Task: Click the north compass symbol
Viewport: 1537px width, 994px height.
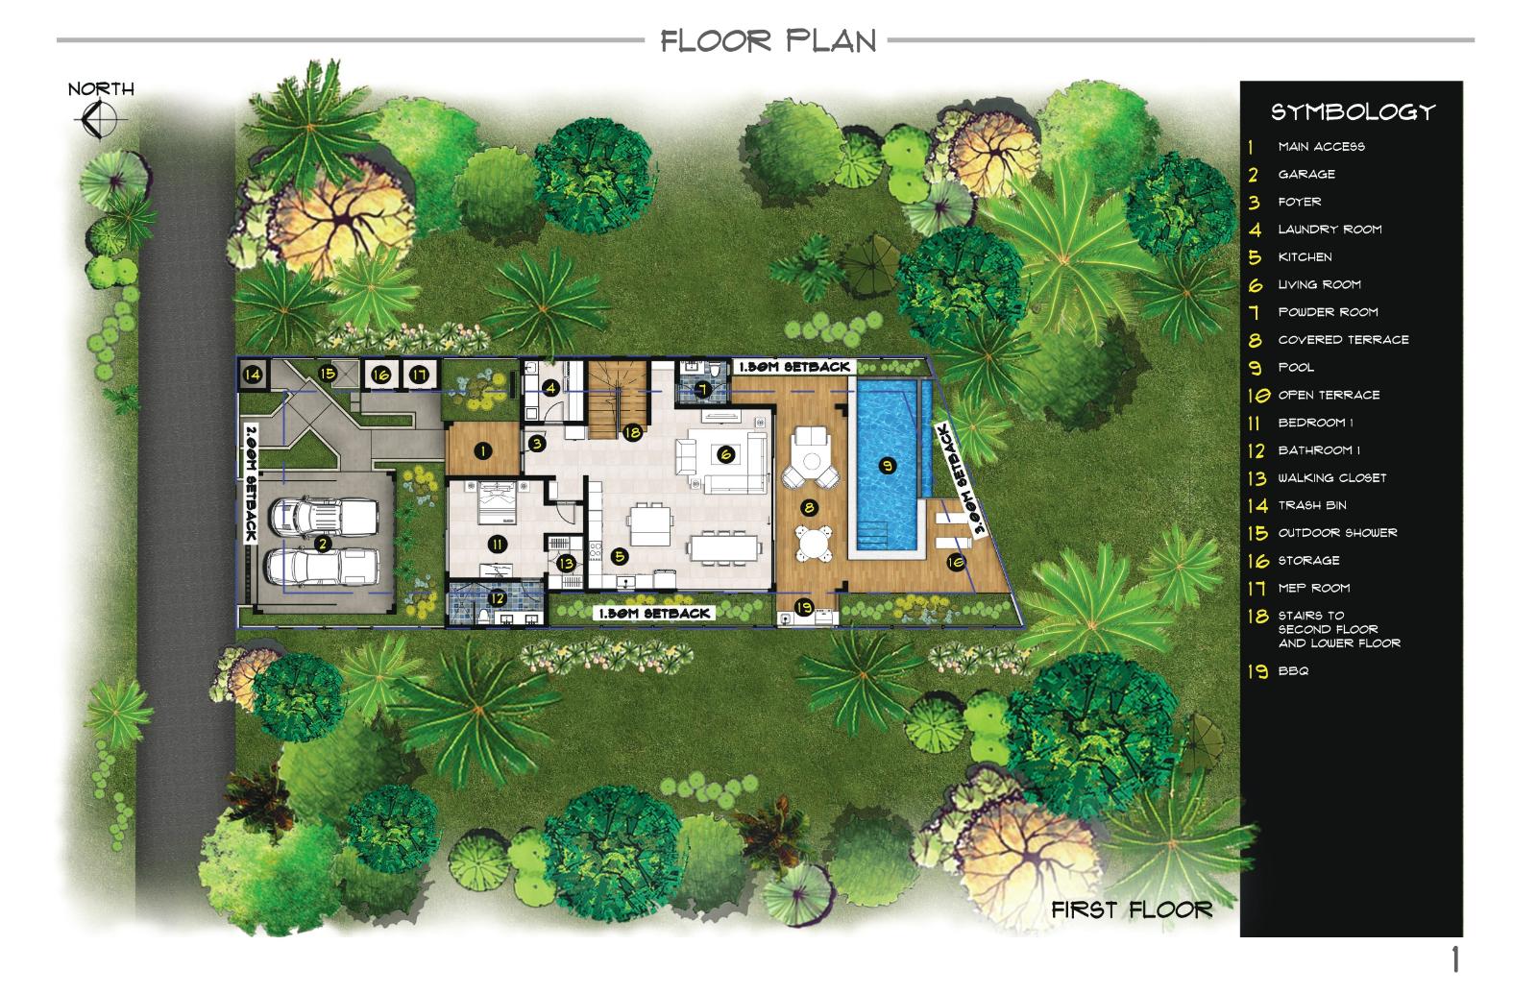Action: (x=99, y=120)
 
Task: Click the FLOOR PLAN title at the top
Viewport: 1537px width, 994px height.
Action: (x=768, y=41)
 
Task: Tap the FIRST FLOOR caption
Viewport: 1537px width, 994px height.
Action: (x=1132, y=910)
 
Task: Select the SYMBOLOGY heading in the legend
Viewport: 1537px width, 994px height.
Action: (x=1354, y=112)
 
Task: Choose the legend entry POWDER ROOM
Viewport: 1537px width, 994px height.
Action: (x=1328, y=312)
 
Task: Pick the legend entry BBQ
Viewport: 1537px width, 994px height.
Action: (x=1293, y=671)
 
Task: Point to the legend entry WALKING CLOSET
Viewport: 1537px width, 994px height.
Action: (x=1331, y=478)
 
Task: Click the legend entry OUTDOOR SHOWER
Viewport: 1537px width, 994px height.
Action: (x=1337, y=533)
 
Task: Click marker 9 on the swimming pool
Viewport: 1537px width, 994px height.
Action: (x=888, y=467)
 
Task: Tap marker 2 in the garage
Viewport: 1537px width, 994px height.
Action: (x=322, y=545)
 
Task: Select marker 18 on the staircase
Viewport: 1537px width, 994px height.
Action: (x=632, y=432)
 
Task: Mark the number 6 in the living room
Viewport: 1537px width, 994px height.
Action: (x=725, y=453)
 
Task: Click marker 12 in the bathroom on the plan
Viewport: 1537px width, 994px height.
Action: (x=496, y=598)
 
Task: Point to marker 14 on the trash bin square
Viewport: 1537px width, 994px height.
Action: (x=253, y=375)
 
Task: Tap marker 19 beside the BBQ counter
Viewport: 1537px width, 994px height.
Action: (x=803, y=607)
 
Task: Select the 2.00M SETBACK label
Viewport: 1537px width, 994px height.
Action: (x=251, y=484)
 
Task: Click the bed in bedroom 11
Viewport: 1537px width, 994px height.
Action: (x=497, y=503)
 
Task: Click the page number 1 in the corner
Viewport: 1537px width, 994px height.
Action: (x=1454, y=959)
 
